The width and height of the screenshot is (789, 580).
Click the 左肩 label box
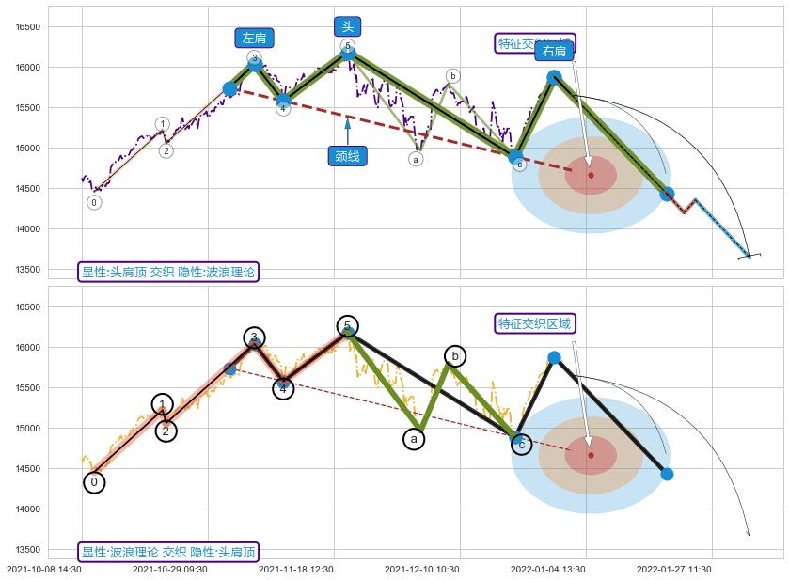253,39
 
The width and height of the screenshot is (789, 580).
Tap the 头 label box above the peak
348,26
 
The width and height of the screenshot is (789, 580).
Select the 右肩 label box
554,51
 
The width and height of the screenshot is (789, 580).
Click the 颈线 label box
347,156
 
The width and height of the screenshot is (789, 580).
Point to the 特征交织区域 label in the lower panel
534,323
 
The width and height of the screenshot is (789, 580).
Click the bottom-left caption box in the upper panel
168,272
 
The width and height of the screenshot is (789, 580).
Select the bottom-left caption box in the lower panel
168,552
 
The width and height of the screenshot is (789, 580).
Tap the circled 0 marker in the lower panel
93,482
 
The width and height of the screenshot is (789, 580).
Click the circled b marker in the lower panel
454,355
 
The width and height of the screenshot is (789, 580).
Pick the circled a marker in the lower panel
415,438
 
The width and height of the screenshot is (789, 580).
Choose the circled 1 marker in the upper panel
162,124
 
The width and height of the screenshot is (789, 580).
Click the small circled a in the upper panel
416,159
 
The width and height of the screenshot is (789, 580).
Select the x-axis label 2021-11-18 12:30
295,569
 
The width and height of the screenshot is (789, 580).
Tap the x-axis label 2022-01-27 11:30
673,569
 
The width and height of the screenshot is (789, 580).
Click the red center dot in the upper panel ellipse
591,175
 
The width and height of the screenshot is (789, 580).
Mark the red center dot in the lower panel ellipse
591,455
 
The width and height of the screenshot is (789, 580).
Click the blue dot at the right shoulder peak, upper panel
554,77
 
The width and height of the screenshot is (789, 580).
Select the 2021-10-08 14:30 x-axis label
43,569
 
